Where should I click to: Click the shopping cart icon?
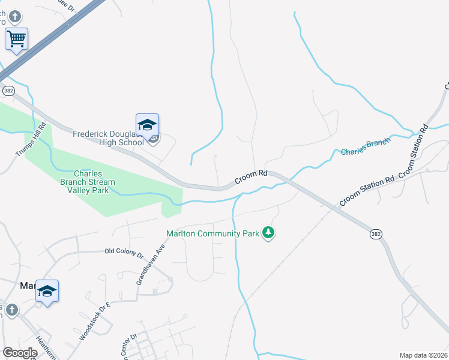pyautogui.click(x=17, y=40)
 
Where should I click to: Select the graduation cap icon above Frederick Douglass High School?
pyautogui.click(x=147, y=125)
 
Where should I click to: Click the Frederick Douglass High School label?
pyautogui.click(x=109, y=139)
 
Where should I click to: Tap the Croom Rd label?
pyautogui.click(x=250, y=176)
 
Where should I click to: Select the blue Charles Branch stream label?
pyautogui.click(x=365, y=147)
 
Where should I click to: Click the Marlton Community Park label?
pyautogui.click(x=212, y=233)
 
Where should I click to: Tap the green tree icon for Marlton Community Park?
pyautogui.click(x=269, y=233)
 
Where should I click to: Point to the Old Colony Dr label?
pyautogui.click(x=124, y=254)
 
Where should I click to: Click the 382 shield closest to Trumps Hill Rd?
pyautogui.click(x=8, y=91)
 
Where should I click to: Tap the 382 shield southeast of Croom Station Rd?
pyautogui.click(x=376, y=234)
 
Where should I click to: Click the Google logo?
pyautogui.click(x=20, y=353)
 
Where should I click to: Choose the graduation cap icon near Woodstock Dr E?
pyautogui.click(x=47, y=292)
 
